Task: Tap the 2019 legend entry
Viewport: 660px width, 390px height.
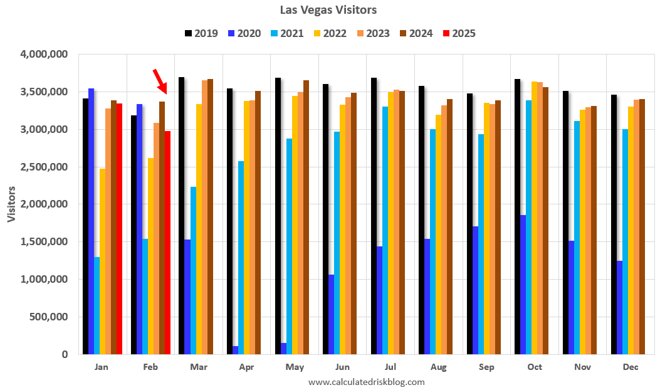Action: coord(201,33)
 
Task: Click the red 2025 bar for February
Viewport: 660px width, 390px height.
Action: coord(167,243)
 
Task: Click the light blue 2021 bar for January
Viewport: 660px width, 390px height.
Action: coord(97,305)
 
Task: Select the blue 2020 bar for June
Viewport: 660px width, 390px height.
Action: coord(331,314)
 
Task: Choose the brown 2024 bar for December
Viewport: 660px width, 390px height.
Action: coord(642,226)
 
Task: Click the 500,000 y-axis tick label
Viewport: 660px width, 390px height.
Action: coord(50,317)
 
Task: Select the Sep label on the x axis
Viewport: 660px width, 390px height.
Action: coord(486,367)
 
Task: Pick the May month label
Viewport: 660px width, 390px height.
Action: coord(294,367)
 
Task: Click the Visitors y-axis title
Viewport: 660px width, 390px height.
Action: coord(12,204)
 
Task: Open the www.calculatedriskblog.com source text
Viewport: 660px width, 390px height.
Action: coord(367,381)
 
